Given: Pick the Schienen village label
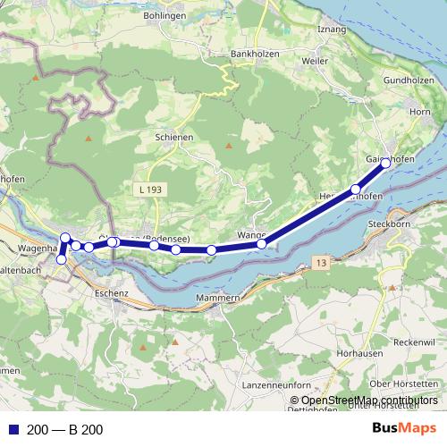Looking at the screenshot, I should pyautogui.click(x=174, y=138).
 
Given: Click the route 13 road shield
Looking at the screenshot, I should pyautogui.click(x=321, y=261).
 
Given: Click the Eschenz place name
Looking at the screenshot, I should pyautogui.click(x=112, y=291).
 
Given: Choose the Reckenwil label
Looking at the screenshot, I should pyautogui.click(x=412, y=343).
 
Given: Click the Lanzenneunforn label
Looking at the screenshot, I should pyautogui.click(x=267, y=383).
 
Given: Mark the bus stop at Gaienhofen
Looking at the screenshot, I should pyautogui.click(x=385, y=164).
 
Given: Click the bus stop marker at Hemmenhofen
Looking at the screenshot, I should pyautogui.click(x=356, y=190).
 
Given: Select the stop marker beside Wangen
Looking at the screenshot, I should pyautogui.click(x=261, y=244).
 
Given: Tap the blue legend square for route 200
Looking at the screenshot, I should pyautogui.click(x=13, y=430).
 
